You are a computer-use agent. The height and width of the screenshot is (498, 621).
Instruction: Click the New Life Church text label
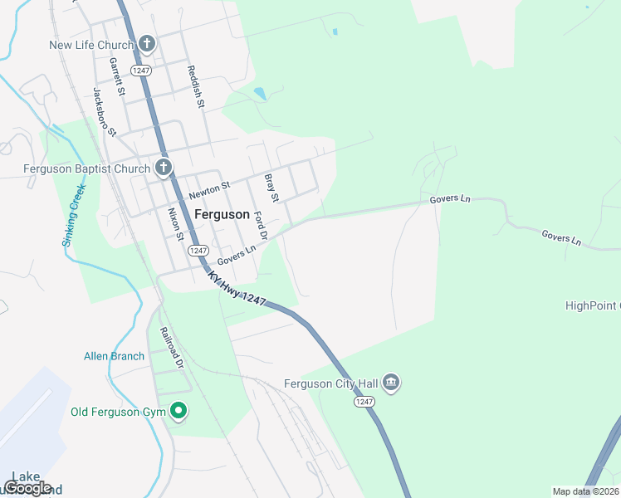click(x=90, y=45)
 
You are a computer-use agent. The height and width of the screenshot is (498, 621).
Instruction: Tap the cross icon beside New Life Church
click(x=147, y=43)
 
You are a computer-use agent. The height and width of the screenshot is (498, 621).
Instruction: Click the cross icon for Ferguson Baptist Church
click(x=163, y=168)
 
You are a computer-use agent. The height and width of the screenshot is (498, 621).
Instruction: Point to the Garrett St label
click(x=116, y=76)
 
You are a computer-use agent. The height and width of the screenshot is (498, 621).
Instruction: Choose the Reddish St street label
click(x=195, y=87)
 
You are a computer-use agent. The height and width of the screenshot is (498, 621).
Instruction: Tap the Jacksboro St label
click(x=105, y=112)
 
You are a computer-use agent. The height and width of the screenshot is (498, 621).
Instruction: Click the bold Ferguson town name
click(x=222, y=214)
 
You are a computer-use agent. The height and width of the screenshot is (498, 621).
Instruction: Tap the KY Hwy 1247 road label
click(x=237, y=291)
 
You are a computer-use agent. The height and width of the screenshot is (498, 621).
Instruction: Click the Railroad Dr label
click(x=172, y=349)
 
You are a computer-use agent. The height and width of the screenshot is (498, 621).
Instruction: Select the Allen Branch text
click(x=114, y=356)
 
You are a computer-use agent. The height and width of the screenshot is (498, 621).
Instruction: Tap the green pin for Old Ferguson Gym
click(x=178, y=410)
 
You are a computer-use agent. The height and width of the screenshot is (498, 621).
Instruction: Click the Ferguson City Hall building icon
click(x=392, y=383)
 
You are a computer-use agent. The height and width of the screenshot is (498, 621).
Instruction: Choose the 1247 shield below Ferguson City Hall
click(x=364, y=402)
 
